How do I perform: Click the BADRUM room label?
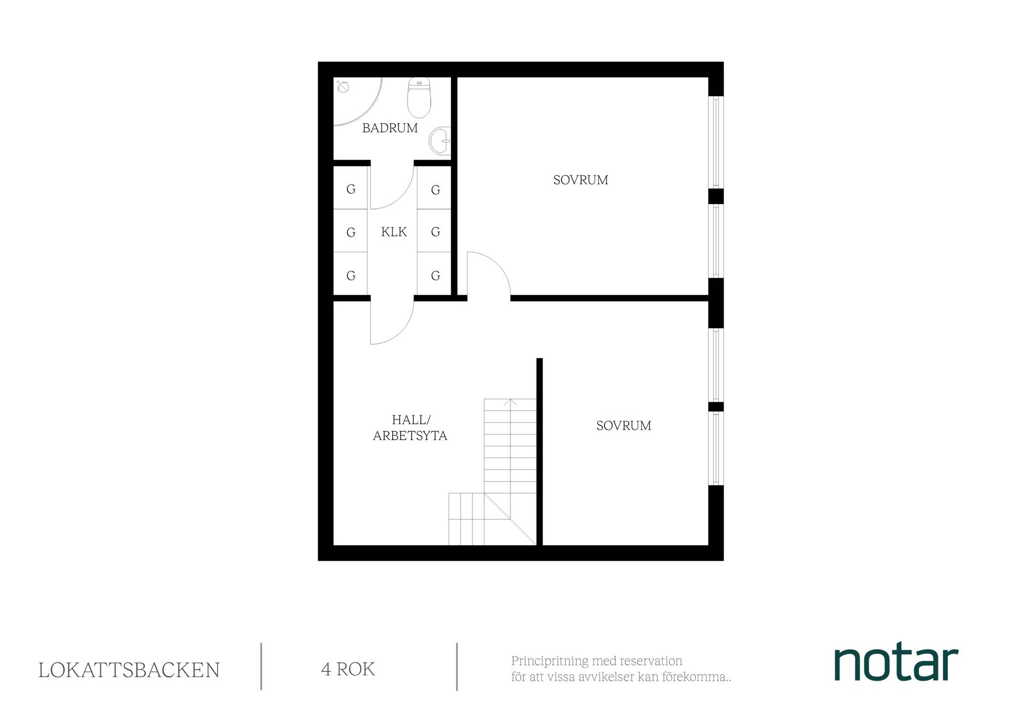coord(390,128)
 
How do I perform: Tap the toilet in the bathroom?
coord(419,98)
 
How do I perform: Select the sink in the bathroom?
coord(440,140)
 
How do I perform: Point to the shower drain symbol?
coord(343,88)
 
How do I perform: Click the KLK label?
coord(394,232)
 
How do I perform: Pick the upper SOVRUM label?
coord(581,180)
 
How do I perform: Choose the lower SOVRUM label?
coord(624,426)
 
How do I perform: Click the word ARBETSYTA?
coord(410,436)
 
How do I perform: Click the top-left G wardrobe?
coord(351,188)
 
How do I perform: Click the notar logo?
coord(896,664)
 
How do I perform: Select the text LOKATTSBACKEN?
coord(129,671)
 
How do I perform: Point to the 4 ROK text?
coord(348,670)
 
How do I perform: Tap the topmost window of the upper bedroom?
coord(716,142)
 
